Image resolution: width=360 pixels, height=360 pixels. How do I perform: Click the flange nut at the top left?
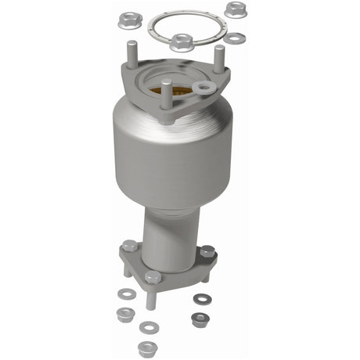click(x=130, y=17)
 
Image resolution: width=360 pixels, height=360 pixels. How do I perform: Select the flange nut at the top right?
click(x=233, y=9)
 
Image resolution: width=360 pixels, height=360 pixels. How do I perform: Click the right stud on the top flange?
click(x=219, y=56)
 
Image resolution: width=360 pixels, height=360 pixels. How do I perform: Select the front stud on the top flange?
click(x=167, y=88)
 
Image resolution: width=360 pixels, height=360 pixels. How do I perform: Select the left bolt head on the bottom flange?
click(x=130, y=247)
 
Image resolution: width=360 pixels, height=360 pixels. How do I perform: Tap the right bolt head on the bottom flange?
click(x=207, y=252)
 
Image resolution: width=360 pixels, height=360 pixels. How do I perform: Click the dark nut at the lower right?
click(x=200, y=318)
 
